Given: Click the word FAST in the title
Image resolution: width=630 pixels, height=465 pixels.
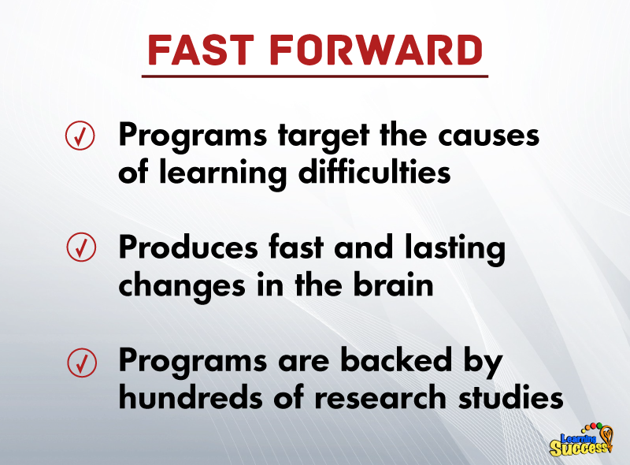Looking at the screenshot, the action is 201,50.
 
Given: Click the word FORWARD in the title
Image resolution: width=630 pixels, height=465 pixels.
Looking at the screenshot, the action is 376,50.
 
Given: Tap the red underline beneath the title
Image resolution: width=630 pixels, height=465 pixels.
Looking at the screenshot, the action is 315,76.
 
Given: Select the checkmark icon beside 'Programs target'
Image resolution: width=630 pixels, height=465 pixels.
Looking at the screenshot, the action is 80,136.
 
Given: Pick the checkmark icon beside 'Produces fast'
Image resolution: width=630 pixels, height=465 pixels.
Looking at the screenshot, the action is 81,247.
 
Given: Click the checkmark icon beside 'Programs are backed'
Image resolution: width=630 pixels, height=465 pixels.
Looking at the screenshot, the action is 82,363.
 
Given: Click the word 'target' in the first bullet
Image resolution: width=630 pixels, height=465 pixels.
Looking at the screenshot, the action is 324,137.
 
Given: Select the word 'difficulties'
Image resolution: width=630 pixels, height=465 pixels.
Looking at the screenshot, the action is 375,170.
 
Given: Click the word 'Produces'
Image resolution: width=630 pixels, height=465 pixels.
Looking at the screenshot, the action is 188,247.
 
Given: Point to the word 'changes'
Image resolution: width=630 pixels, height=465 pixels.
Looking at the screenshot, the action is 182,286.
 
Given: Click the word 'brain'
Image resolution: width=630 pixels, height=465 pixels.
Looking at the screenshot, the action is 393,284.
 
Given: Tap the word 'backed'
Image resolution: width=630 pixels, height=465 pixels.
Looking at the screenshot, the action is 396,359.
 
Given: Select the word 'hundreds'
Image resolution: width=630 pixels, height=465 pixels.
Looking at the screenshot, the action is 191,396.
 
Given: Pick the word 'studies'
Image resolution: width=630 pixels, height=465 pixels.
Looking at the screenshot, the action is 511,396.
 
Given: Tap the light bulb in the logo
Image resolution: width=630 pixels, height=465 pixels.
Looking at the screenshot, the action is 606,436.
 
